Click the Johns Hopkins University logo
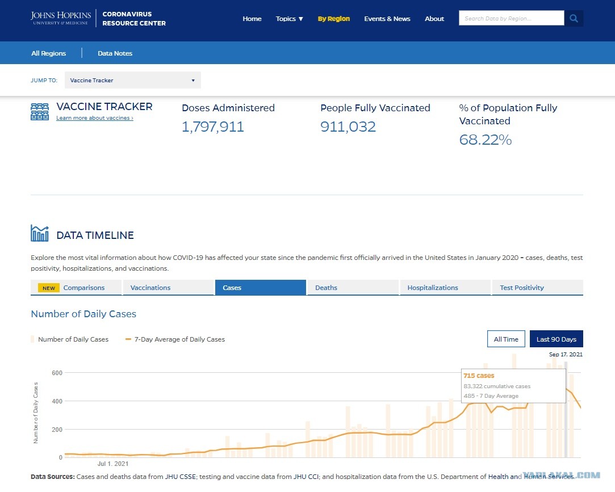(61, 18)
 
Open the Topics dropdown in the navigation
(290, 19)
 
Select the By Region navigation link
(334, 19)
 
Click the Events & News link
(387, 19)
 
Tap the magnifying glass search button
(574, 18)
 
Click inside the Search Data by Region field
(512, 18)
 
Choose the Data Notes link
(115, 53)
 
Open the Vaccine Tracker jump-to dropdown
(132, 80)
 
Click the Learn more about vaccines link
(94, 118)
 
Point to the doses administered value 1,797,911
(212, 127)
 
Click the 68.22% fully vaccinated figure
(485, 140)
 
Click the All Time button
(506, 339)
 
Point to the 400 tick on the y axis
(57, 401)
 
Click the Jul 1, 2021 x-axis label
(113, 464)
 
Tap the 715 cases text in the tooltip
(479, 376)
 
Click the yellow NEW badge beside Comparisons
(49, 288)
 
